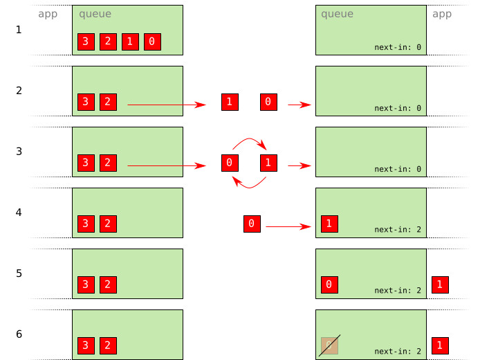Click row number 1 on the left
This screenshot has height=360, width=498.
click(x=19, y=30)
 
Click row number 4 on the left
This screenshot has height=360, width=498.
click(x=19, y=213)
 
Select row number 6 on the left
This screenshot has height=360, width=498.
click(x=19, y=334)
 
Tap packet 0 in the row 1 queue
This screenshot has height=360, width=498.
click(x=152, y=42)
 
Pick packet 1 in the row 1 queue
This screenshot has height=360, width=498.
click(x=130, y=42)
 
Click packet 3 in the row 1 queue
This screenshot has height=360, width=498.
click(x=86, y=42)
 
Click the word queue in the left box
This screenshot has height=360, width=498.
click(x=95, y=14)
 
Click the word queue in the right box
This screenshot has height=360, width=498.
click(x=337, y=14)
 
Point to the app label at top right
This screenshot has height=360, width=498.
click(x=442, y=14)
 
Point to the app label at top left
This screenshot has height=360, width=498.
click(x=48, y=14)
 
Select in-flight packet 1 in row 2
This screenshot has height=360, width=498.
click(x=230, y=102)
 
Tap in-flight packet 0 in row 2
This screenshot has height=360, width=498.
click(x=268, y=102)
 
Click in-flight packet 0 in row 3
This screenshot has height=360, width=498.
click(x=230, y=163)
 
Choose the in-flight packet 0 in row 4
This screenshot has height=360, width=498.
click(x=252, y=224)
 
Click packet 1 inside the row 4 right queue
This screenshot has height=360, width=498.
click(x=329, y=224)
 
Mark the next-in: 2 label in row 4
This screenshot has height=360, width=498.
click(x=398, y=230)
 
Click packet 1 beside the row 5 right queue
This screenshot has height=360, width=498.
click(x=440, y=285)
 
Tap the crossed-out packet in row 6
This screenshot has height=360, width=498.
click(x=329, y=345)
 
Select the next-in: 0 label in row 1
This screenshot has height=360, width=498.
click(x=398, y=47)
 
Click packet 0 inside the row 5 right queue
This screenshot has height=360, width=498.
click(x=329, y=285)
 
